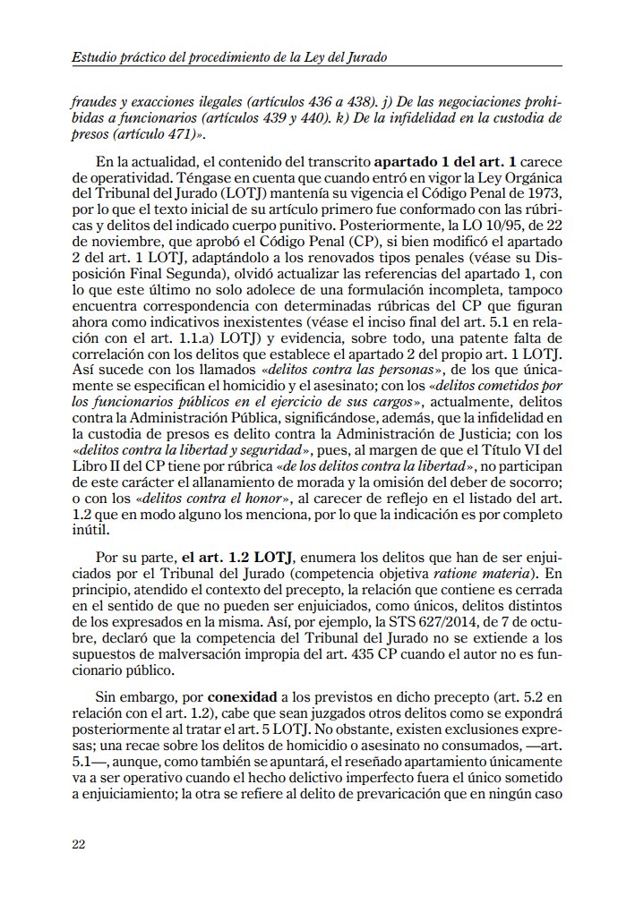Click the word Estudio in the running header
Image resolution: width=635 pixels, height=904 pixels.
tap(95, 57)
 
